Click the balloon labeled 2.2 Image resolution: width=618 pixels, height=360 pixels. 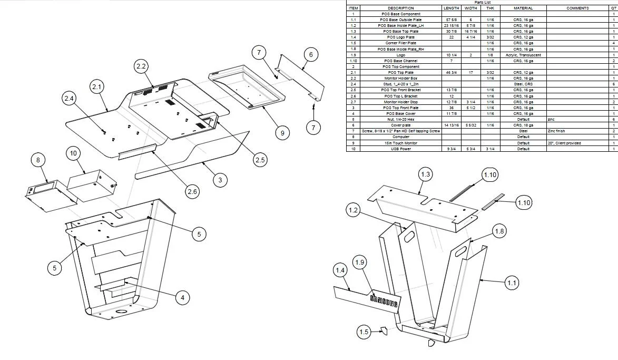tap(141, 66)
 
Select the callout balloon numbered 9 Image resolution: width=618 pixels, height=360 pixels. tap(282, 133)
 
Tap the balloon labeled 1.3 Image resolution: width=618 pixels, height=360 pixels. tap(426, 174)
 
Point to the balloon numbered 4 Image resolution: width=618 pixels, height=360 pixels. tap(182, 298)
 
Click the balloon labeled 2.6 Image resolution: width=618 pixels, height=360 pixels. tap(192, 191)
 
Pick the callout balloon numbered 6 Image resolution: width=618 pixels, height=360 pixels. tap(311, 54)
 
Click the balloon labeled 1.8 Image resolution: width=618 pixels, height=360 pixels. tap(499, 231)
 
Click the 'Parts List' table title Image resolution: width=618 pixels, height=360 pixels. tap(482, 3)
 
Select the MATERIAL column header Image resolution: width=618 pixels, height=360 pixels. tap(523, 8)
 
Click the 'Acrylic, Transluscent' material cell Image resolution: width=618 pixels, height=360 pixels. tap(523, 55)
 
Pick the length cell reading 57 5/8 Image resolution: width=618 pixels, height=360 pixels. tap(451, 20)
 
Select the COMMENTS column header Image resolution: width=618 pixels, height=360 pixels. tap(577, 8)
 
